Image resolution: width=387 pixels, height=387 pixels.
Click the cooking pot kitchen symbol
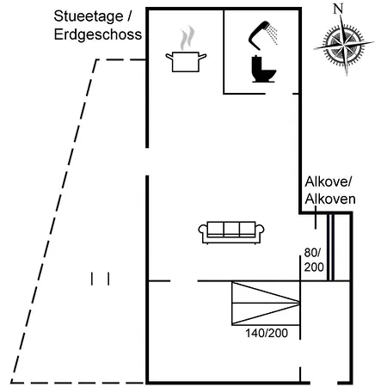[x=186, y=62]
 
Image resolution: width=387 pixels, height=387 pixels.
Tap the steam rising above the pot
[x=187, y=38]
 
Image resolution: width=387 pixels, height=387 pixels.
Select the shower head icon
[x=262, y=35]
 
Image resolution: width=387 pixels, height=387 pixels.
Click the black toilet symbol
[x=263, y=69]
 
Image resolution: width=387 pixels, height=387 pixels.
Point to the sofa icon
[x=231, y=232]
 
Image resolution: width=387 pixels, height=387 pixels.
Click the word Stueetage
[x=89, y=16]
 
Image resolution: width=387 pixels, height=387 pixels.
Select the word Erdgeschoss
[x=98, y=34]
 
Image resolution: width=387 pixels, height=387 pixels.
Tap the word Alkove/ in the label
[x=329, y=181]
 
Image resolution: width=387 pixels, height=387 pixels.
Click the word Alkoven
[x=330, y=199]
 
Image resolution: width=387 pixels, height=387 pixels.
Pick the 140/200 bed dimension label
[x=267, y=333]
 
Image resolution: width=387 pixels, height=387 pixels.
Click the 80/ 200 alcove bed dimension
[x=314, y=260]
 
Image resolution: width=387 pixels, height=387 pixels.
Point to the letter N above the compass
[x=338, y=9]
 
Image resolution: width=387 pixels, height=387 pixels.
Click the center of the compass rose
[x=344, y=45]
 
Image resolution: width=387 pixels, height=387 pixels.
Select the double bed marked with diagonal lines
[x=266, y=304]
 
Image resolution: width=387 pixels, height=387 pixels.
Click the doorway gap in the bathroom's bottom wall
[x=279, y=94]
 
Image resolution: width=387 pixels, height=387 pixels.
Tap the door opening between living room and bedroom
[x=184, y=281]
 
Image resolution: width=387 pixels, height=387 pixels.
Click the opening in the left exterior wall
[x=147, y=162]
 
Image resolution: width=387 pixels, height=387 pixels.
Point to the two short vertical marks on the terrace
[x=100, y=279]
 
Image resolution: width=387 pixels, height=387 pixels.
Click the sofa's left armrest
[x=203, y=231]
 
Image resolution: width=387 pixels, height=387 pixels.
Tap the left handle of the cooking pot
[x=169, y=57]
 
